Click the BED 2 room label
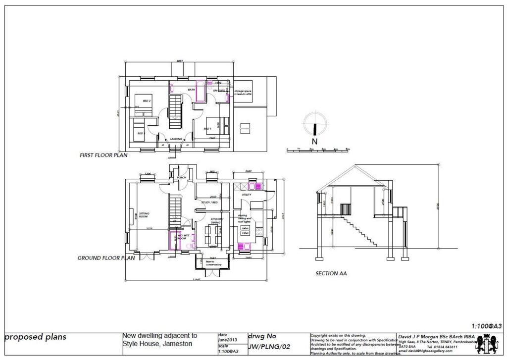147,101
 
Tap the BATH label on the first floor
191,90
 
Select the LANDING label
176,139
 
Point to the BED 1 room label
207,128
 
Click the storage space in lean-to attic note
243,93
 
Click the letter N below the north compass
314,141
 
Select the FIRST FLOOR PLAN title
103,155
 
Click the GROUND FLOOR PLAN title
106,258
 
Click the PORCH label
181,177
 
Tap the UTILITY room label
247,195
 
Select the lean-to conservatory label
213,263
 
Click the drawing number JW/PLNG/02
269,347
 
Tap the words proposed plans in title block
35,338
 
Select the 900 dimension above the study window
212,172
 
